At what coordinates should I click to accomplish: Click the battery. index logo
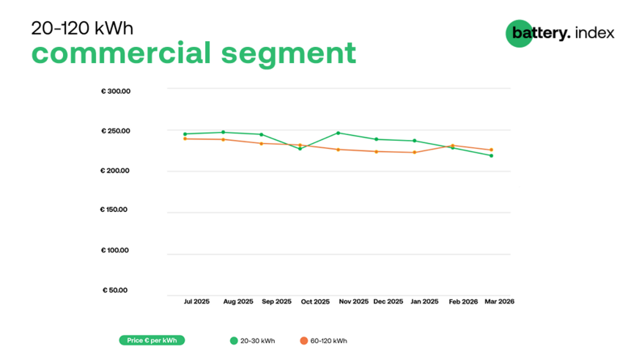560,33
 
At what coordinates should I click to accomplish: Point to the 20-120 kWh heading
82,28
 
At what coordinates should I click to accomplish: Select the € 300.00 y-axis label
116,92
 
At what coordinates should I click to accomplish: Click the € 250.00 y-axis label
116,131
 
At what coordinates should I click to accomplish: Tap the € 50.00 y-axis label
115,290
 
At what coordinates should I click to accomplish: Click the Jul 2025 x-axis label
196,301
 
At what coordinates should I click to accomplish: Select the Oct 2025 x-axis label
316,301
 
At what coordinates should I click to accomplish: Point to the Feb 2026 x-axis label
463,301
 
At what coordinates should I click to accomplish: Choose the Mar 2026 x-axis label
499,301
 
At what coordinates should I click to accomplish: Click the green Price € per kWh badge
152,340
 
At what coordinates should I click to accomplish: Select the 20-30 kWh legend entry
253,341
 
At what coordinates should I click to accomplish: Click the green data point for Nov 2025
338,133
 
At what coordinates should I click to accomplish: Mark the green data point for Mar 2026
491,155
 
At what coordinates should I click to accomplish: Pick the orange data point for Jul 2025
185,139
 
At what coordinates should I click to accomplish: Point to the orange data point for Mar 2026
491,150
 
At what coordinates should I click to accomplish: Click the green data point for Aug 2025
223,132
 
